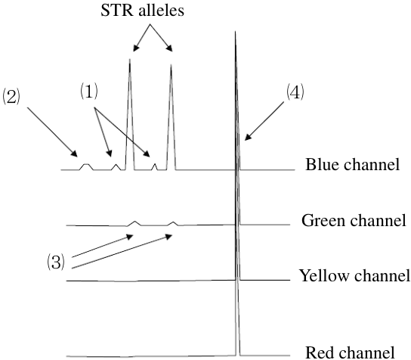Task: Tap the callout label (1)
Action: [x=89, y=92]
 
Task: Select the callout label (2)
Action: [x=11, y=97]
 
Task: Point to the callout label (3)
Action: [x=56, y=262]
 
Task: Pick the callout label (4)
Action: [x=295, y=92]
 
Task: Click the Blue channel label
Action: [x=353, y=165]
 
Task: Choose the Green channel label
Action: [x=354, y=220]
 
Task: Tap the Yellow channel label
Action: [x=355, y=276]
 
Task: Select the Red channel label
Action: [x=350, y=352]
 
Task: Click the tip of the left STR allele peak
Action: [x=130, y=59]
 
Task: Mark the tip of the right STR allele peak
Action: [x=172, y=64]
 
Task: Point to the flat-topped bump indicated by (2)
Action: [x=86, y=167]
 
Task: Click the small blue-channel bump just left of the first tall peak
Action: [x=116, y=167]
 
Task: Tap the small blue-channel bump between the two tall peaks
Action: [x=155, y=166]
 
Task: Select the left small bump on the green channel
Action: [x=135, y=223]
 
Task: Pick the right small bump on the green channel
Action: [x=173, y=224]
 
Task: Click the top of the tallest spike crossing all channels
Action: [x=235, y=32]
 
